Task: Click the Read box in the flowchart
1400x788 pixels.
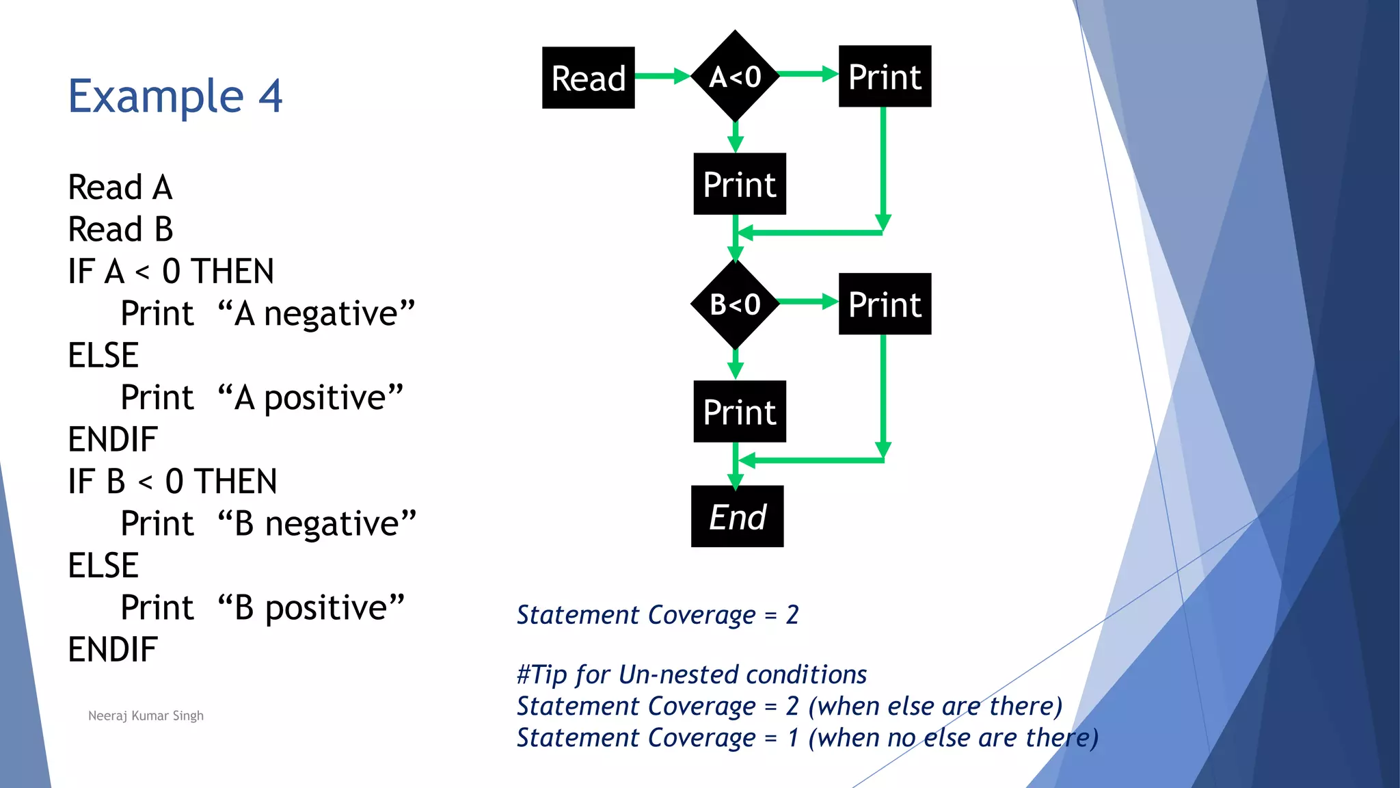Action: point(588,77)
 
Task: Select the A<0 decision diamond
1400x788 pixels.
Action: point(736,76)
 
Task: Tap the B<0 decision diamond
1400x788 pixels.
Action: point(736,304)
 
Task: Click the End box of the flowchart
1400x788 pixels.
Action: point(737,516)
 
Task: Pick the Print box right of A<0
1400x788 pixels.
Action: point(885,76)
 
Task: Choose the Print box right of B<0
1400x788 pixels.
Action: point(885,304)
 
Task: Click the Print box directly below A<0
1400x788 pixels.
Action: point(740,184)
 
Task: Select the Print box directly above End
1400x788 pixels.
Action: point(740,411)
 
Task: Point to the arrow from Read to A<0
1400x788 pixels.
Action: point(662,76)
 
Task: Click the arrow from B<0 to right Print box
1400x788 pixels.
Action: point(809,302)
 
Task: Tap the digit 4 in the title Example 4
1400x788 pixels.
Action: point(271,96)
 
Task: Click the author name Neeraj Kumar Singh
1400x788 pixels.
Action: point(146,715)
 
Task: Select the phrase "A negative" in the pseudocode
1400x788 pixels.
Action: point(316,314)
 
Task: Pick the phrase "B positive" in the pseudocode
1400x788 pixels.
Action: point(311,608)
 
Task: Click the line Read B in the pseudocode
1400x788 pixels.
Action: point(120,229)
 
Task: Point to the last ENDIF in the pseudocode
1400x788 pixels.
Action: point(113,649)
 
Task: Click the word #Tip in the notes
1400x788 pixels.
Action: point(541,674)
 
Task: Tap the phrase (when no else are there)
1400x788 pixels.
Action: point(953,738)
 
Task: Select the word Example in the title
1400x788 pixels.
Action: point(156,96)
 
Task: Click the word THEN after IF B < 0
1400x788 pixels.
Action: point(235,482)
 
